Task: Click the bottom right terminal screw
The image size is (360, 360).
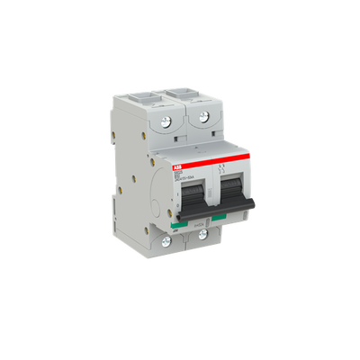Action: (204, 236)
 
